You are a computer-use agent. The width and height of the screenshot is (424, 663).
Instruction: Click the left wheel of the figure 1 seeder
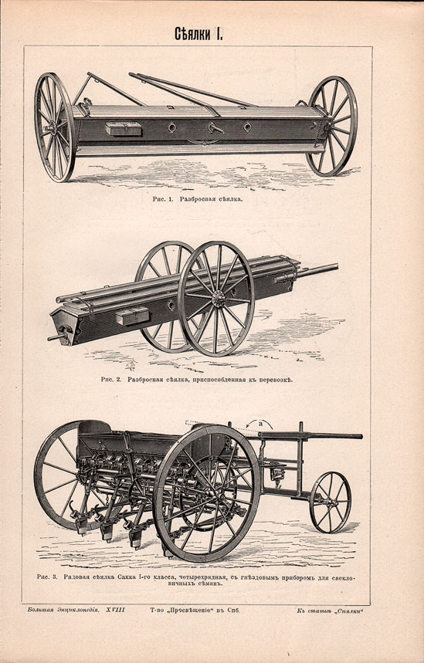[x=55, y=127]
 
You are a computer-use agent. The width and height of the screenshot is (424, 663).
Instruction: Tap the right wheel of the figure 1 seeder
[x=333, y=126]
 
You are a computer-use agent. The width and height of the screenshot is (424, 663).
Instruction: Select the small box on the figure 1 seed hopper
[x=123, y=128]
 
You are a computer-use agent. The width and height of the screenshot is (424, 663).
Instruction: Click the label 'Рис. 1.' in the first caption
[x=163, y=198]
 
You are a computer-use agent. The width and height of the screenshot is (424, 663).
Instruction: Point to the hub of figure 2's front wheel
[x=219, y=299]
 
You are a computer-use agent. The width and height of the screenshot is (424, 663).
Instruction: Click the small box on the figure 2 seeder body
[x=133, y=316]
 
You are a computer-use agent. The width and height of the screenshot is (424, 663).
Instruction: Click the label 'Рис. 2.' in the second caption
[x=111, y=379]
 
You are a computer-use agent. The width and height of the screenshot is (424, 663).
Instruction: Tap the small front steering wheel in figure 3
[x=331, y=502]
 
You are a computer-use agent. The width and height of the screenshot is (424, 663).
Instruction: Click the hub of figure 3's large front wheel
[x=207, y=493]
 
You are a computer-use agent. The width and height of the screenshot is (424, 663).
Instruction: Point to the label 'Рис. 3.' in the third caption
[x=47, y=577]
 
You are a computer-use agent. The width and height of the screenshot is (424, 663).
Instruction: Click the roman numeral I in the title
[x=219, y=34]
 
